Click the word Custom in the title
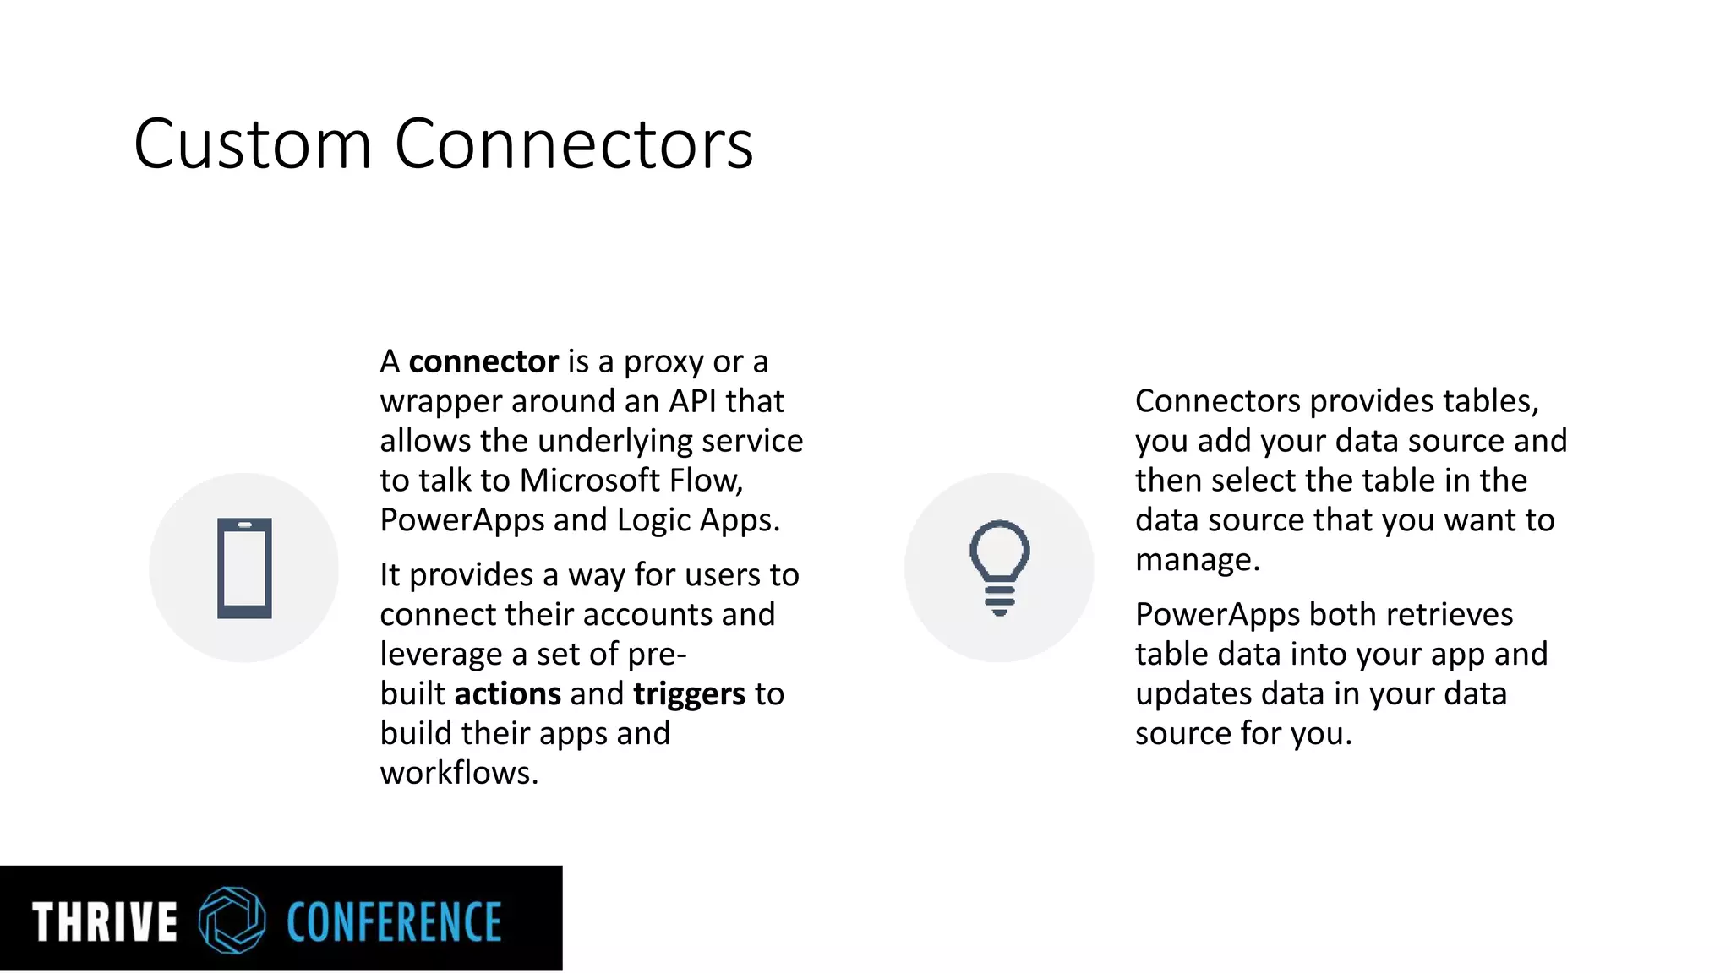coord(253,144)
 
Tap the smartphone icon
coord(244,568)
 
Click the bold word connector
coord(483,362)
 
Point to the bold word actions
coord(507,694)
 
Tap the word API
coord(692,401)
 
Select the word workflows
coord(459,773)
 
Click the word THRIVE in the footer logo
coord(105,921)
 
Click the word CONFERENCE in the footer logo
coord(394,921)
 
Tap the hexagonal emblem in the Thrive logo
coord(232,920)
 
